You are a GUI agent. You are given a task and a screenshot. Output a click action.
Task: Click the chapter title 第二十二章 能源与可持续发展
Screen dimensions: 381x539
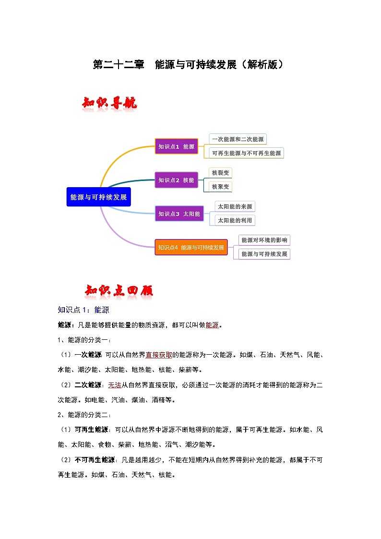[x=189, y=65]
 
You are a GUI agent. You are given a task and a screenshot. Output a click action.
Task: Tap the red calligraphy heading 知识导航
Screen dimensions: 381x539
[x=110, y=103]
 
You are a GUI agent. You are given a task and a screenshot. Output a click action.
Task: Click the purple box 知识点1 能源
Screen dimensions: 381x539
[x=176, y=146]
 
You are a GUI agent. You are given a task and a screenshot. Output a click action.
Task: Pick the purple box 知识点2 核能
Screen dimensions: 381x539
[x=176, y=180]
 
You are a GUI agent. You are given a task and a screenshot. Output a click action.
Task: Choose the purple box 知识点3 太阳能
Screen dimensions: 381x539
[x=179, y=214]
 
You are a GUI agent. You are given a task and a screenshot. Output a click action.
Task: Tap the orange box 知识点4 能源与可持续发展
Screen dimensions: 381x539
[x=191, y=248]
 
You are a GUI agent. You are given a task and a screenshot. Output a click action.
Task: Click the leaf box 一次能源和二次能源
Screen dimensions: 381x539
[x=238, y=139]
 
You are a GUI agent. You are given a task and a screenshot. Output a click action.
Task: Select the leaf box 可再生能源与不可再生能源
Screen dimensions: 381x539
[x=247, y=153]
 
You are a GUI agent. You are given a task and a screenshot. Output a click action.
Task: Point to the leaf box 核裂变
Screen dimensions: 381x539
[x=220, y=172]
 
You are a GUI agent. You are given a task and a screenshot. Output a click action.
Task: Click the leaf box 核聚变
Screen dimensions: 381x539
[x=220, y=186]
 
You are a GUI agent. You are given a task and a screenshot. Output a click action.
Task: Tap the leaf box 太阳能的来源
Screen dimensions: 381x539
[x=235, y=206]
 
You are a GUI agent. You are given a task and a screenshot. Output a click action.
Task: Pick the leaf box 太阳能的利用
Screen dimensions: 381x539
[x=235, y=220]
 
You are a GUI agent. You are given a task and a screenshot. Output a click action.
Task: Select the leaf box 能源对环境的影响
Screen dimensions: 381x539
[x=264, y=240]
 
